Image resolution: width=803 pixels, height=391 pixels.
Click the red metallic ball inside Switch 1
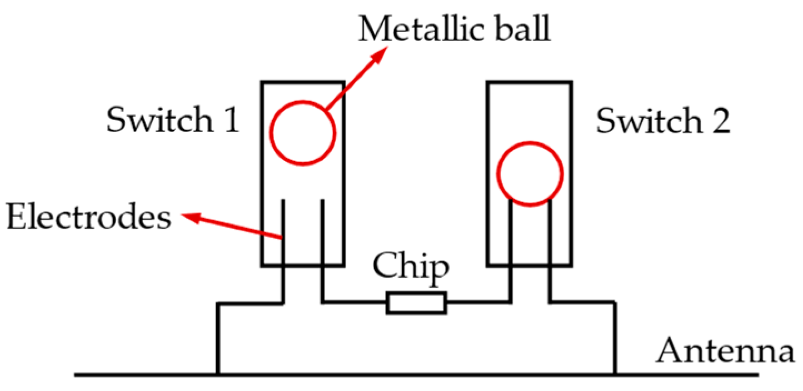(303, 132)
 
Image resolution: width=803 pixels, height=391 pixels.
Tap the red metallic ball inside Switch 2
(530, 174)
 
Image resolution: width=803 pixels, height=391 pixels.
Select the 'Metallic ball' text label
(454, 29)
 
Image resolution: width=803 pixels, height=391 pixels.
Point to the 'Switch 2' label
(663, 121)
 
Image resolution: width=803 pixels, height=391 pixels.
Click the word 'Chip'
(411, 267)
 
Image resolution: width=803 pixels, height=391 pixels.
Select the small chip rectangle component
(416, 303)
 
